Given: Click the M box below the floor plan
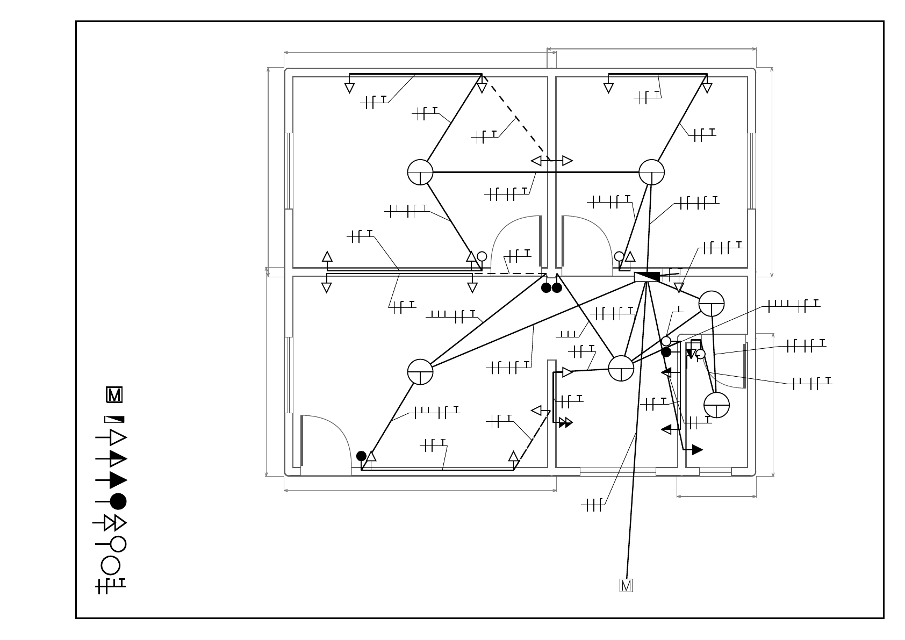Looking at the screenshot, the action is click(x=626, y=585).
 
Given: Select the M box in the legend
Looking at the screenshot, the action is click(x=114, y=395).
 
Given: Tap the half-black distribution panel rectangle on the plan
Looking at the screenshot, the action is click(x=647, y=277).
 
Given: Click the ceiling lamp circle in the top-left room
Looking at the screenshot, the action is click(x=420, y=172).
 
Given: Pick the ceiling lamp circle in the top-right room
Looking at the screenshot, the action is click(x=651, y=172).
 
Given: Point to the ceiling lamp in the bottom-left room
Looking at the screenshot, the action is click(x=420, y=372).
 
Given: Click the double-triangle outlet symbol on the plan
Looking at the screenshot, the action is click(x=565, y=422).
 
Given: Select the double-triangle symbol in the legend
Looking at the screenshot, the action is click(x=115, y=523).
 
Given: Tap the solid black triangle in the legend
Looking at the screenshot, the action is click(x=118, y=480).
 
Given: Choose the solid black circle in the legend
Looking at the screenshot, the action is click(x=118, y=501).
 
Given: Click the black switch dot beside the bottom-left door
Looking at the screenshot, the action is click(x=361, y=456).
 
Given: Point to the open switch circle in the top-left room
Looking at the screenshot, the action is click(x=482, y=256).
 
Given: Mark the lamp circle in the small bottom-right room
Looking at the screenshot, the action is click(x=716, y=405).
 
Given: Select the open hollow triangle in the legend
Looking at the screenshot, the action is click(x=118, y=437).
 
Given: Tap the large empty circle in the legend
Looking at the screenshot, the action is click(x=110, y=566).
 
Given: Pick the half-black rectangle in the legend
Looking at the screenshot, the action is click(x=114, y=419).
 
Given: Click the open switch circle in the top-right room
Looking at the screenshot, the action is click(x=619, y=256).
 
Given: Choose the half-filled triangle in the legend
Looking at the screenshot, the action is click(x=118, y=459).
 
